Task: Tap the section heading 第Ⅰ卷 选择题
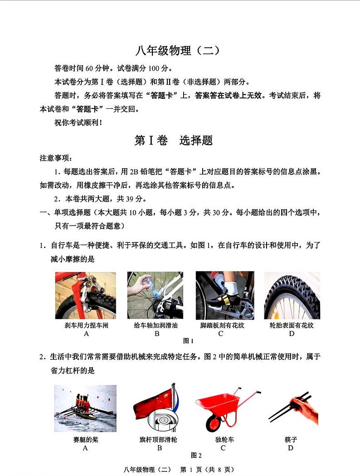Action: pyautogui.click(x=173, y=140)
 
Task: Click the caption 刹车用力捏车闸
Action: pyautogui.click(x=86, y=325)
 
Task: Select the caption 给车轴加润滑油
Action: pyautogui.click(x=156, y=325)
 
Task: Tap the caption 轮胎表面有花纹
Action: pyautogui.click(x=292, y=325)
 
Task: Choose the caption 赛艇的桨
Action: pyautogui.click(x=86, y=439)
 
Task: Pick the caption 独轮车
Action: pyautogui.click(x=224, y=439)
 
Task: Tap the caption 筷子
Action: pyautogui.click(x=291, y=439)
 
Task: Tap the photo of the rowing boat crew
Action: pyautogui.click(x=85, y=408)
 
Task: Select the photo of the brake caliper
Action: pyautogui.click(x=86, y=295)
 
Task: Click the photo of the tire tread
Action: pyautogui.click(x=292, y=295)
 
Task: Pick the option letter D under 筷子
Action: pyautogui.click(x=291, y=448)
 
